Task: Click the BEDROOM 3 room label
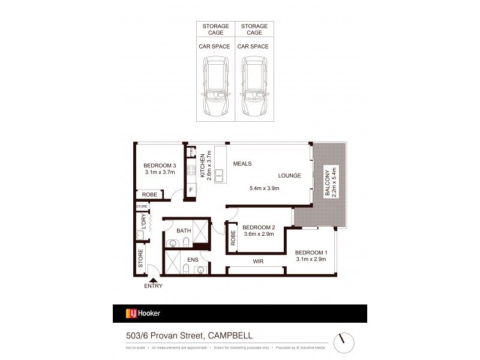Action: (x=159, y=166)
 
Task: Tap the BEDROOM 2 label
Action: (x=258, y=227)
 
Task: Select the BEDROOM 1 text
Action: (x=311, y=252)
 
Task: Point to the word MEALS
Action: (x=242, y=163)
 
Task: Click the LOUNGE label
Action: (x=289, y=176)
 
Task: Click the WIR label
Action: (x=259, y=261)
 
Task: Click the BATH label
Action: (x=184, y=230)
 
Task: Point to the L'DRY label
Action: (x=143, y=221)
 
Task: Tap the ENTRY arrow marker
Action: (x=153, y=279)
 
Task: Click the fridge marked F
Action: (x=191, y=191)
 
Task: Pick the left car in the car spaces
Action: (x=215, y=87)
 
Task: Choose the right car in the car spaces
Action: (x=254, y=87)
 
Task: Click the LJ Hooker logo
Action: (x=142, y=313)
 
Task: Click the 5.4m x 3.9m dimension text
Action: (x=264, y=188)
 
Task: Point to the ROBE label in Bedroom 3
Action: (x=149, y=194)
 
